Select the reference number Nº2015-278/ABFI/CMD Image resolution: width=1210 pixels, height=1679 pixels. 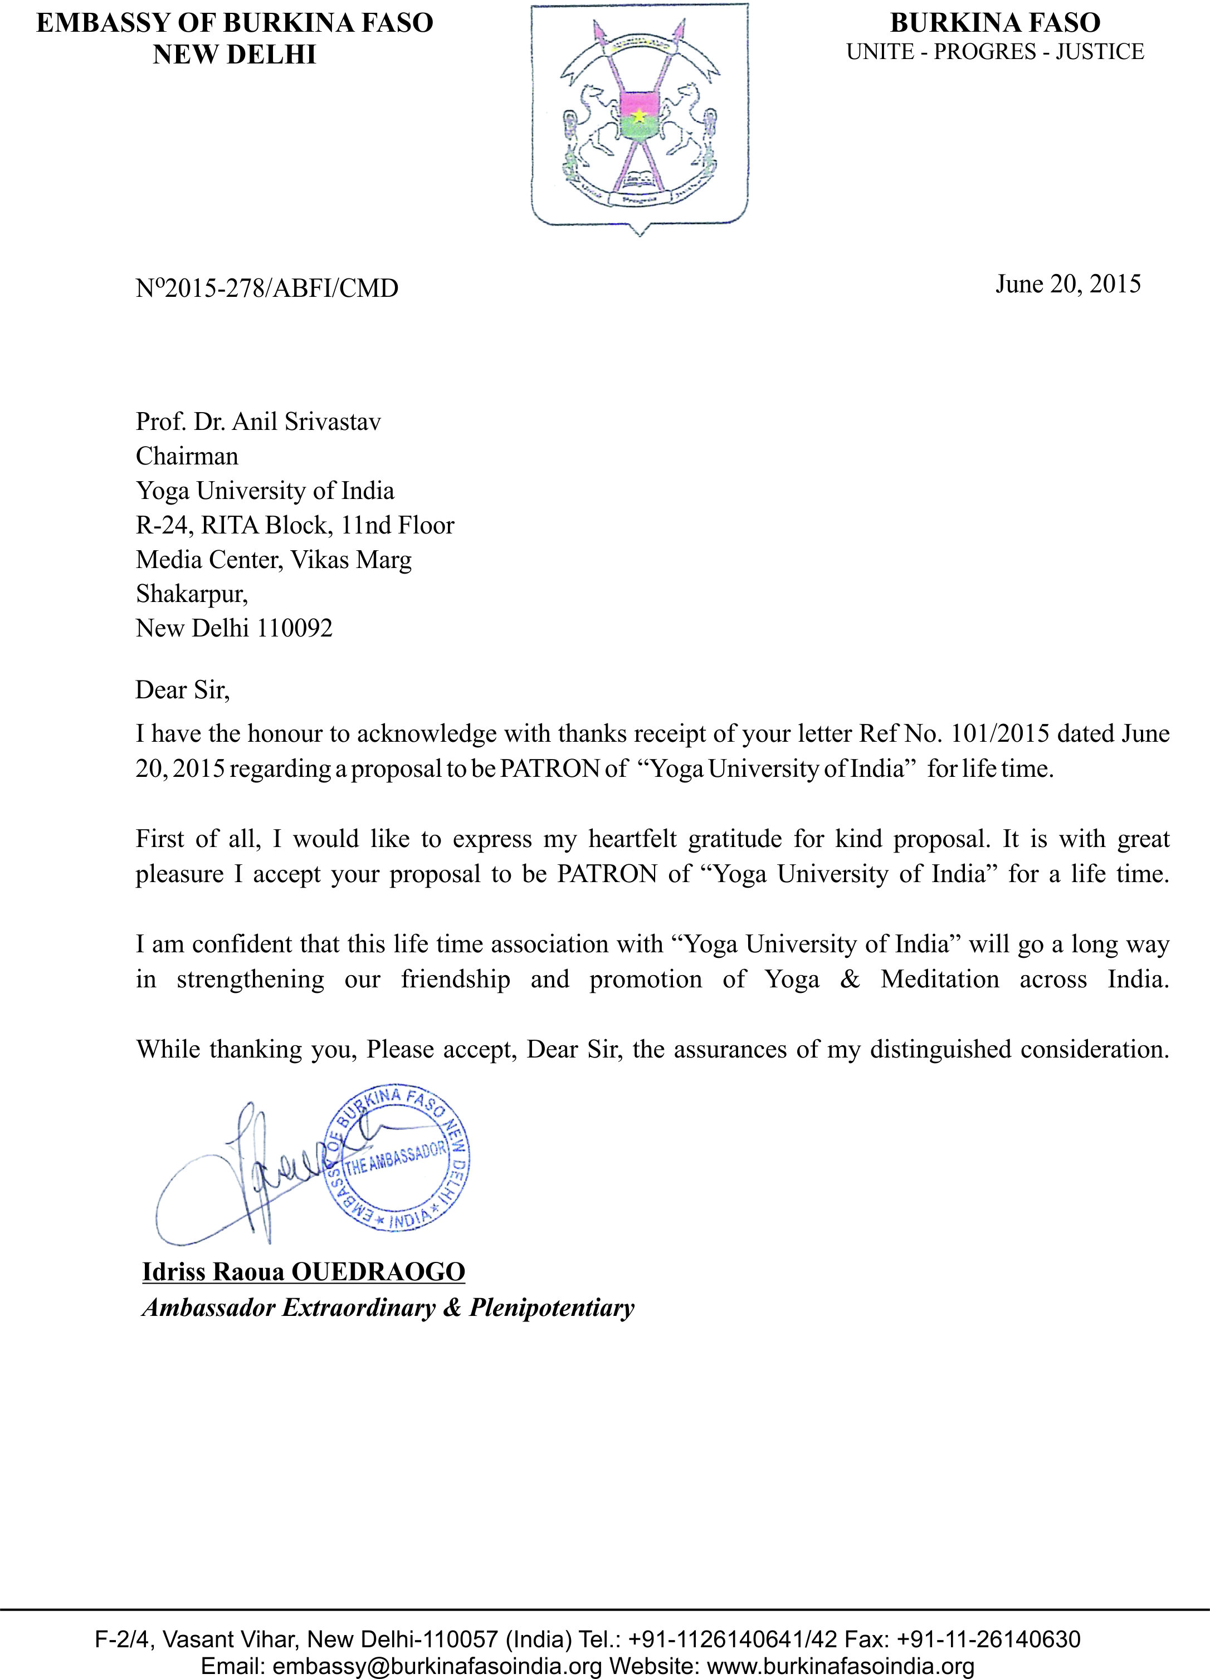pyautogui.click(x=267, y=288)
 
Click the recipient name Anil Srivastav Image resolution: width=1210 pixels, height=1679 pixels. pyautogui.click(x=306, y=422)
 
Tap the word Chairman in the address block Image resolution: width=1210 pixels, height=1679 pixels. pyautogui.click(x=187, y=456)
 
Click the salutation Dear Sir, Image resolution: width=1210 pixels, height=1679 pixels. pyautogui.click(x=183, y=690)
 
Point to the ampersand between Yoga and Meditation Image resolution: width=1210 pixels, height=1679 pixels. pyautogui.click(x=850, y=980)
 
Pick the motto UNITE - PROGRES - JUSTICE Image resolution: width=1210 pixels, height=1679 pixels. pyautogui.click(x=996, y=52)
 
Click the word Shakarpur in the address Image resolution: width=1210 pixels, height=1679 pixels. pyautogui.click(x=191, y=594)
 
